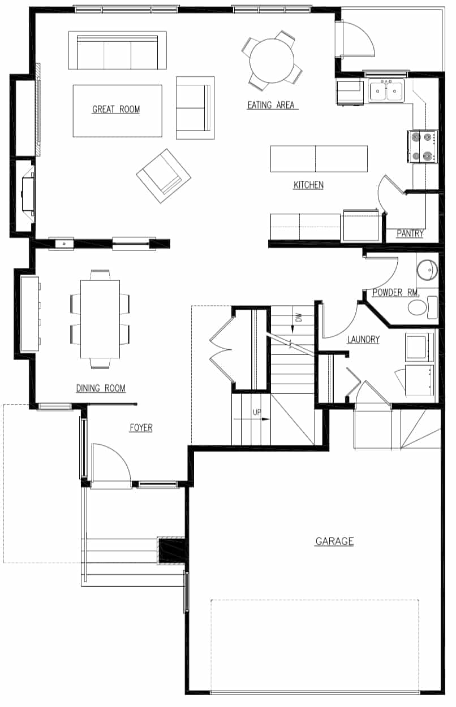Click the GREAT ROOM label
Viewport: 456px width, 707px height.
pos(116,110)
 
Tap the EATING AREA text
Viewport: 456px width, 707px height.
pos(272,105)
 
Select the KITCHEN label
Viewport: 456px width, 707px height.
pos(308,185)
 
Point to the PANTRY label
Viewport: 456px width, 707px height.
pos(410,233)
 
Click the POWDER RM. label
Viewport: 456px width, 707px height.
pos(395,293)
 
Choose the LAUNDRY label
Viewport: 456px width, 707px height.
pos(363,340)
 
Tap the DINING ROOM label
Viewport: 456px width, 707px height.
pos(101,388)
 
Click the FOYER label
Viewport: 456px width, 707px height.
pos(141,428)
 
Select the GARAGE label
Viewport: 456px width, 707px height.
pos(334,541)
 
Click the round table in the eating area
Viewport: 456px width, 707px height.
pos(272,60)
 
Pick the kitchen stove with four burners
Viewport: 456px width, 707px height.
pos(423,146)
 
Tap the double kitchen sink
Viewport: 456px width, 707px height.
pos(386,91)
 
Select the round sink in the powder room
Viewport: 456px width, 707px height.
pos(427,270)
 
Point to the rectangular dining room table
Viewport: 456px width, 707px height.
pos(100,319)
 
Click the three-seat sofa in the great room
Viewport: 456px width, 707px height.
pos(117,51)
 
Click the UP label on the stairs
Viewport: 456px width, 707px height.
pos(257,413)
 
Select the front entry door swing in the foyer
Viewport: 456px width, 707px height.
pos(111,463)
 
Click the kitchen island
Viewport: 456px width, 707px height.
pos(319,159)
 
